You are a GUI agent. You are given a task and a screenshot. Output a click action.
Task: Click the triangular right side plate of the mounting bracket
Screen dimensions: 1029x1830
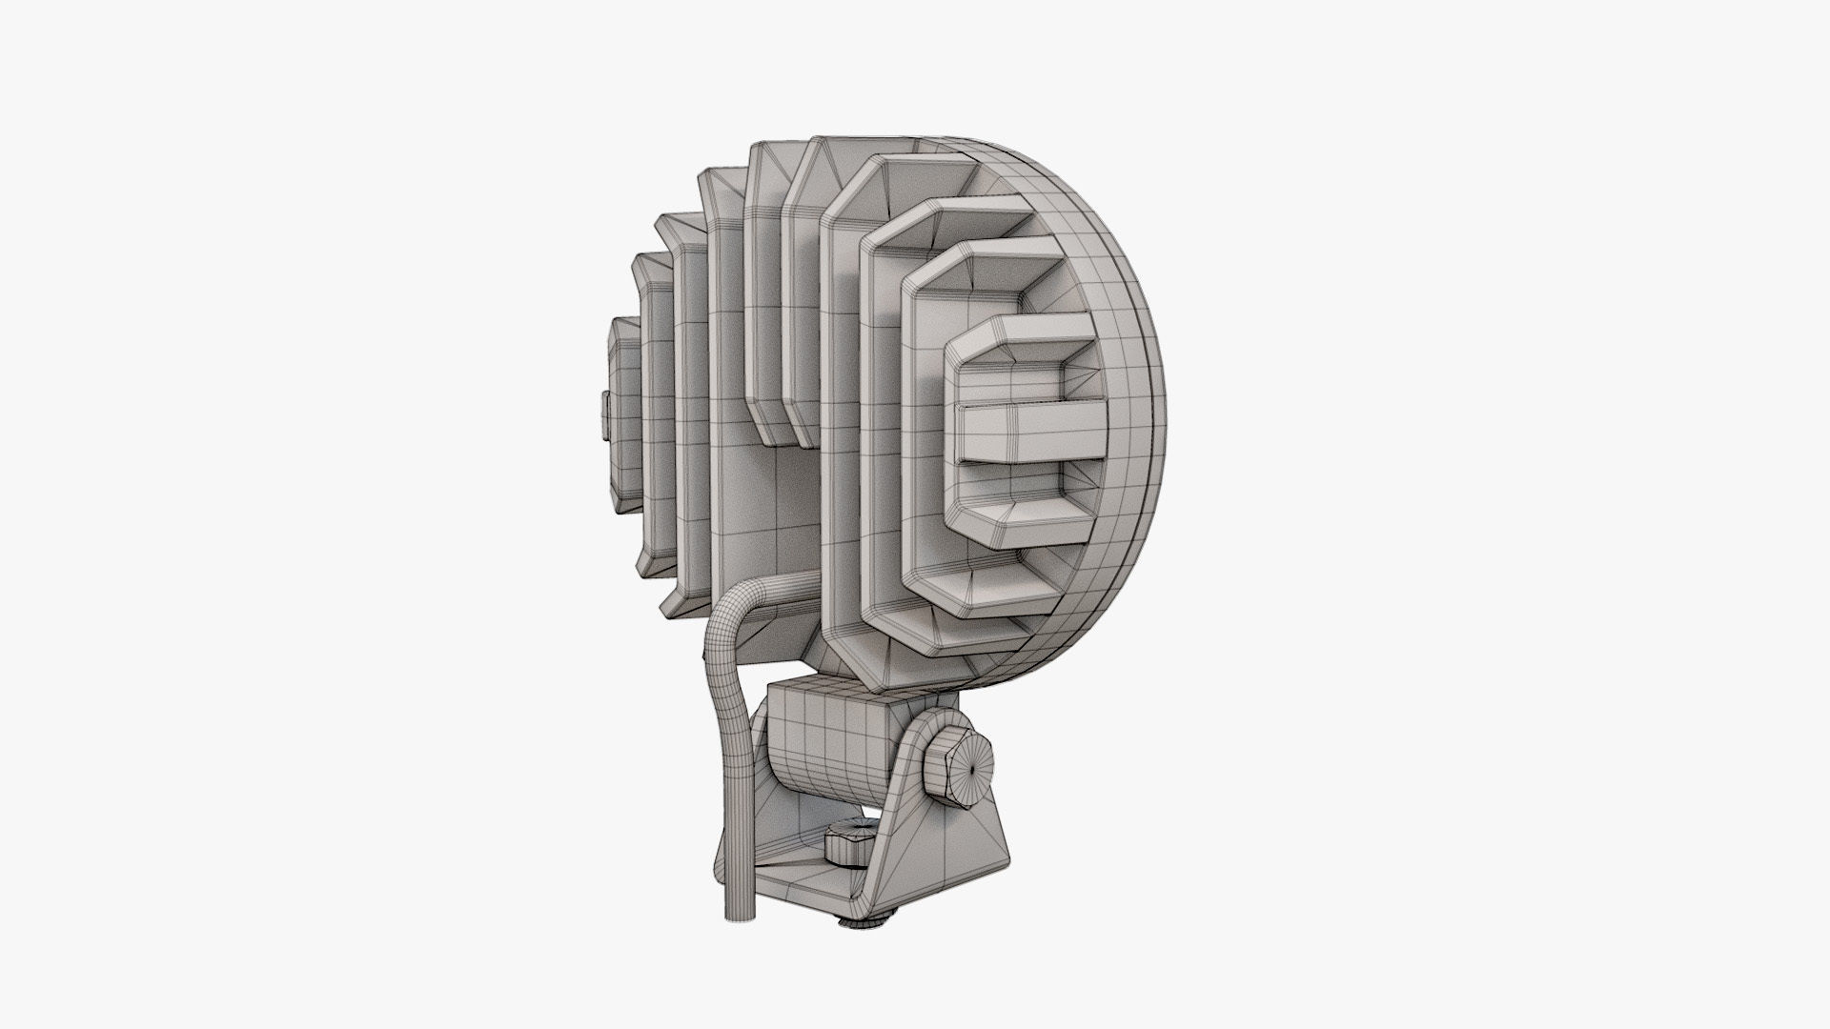(x=939, y=838)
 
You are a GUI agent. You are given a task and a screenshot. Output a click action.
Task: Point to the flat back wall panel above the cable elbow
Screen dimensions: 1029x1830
(x=762, y=514)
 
